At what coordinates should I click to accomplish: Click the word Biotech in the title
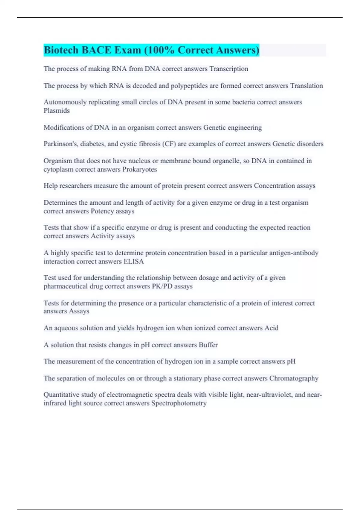(61, 50)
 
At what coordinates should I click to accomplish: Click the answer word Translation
(306, 85)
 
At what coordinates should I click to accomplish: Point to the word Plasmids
(56, 110)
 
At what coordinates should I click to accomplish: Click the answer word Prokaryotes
(139, 169)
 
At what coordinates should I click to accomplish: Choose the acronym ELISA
(134, 261)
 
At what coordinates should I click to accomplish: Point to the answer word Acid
(271, 328)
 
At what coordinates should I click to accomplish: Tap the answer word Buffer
(208, 345)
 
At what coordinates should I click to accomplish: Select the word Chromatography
(294, 378)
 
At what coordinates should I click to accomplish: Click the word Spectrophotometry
(179, 403)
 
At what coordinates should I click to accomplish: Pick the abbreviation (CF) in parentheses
(169, 144)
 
